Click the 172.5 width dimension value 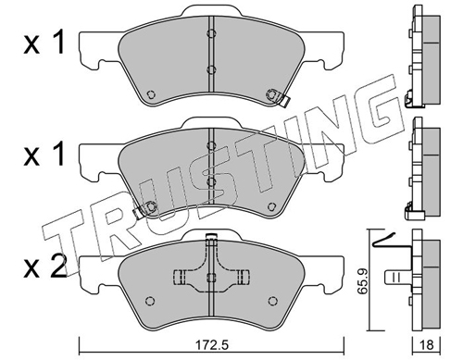pos(212,345)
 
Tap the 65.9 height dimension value pos(363,282)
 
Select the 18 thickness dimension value pos(427,345)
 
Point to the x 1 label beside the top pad pos(44,43)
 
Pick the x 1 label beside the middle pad pos(44,154)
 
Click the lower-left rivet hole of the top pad pos(151,94)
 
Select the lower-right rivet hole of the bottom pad pos(272,301)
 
